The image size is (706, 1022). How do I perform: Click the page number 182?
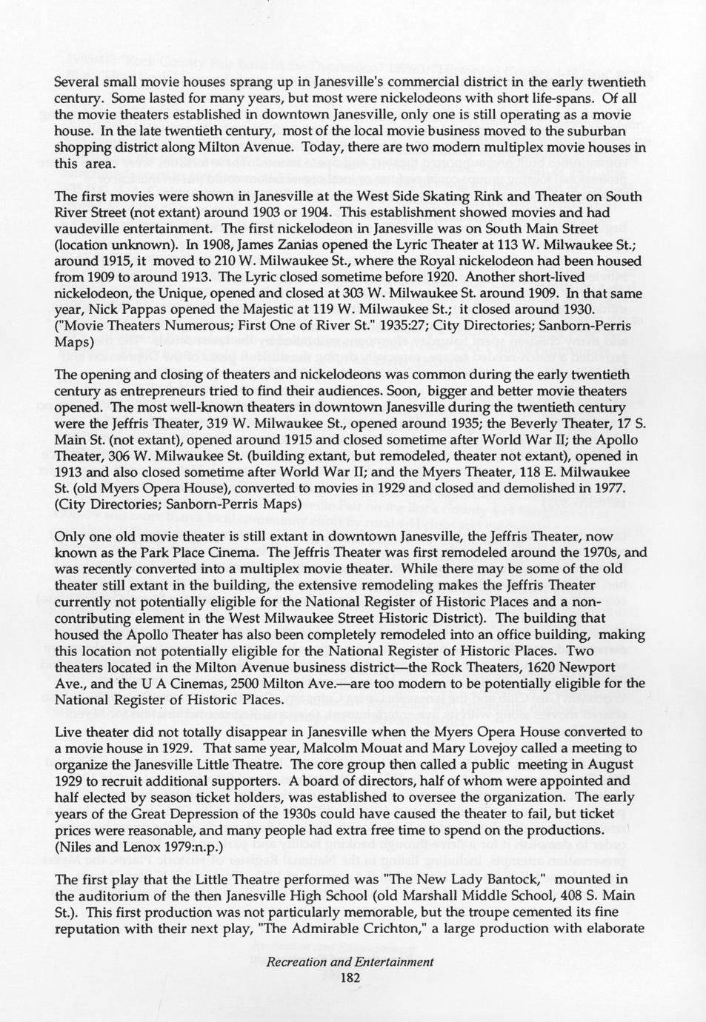[x=350, y=978]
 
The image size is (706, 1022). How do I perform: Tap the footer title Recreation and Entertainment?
[x=350, y=962]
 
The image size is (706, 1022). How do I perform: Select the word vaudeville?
[x=90, y=229]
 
